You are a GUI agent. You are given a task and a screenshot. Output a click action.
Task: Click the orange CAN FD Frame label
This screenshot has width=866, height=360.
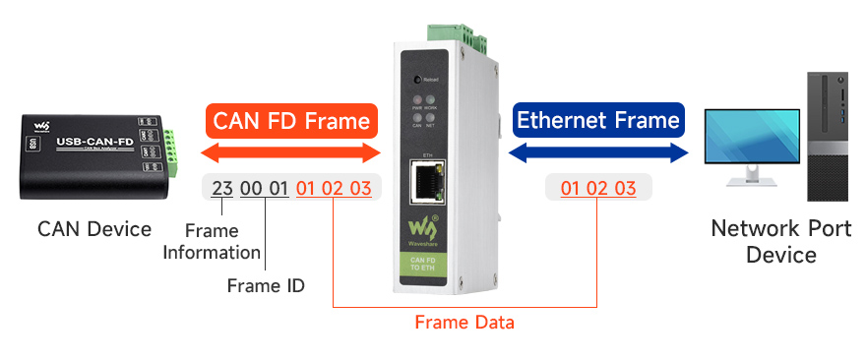pos(292,121)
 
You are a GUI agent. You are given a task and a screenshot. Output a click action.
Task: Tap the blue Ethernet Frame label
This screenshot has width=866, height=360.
pos(598,120)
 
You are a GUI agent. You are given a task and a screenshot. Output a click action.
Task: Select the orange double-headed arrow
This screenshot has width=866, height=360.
pos(291,152)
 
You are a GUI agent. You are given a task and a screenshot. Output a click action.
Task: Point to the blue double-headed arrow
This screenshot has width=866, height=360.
pos(598,152)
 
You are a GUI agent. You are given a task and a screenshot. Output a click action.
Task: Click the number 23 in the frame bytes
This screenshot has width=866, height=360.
pos(222,188)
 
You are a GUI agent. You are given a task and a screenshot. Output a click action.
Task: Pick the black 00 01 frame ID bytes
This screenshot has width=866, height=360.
pos(265,188)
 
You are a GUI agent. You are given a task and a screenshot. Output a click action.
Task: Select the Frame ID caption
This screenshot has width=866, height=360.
pos(266,286)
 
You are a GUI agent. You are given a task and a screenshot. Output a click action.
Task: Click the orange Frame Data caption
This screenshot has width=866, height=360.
pos(464,322)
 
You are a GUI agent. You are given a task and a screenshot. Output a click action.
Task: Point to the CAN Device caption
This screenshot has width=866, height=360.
pos(94,229)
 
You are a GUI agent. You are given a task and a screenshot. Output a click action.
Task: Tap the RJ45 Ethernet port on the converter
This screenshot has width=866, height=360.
pos(428,180)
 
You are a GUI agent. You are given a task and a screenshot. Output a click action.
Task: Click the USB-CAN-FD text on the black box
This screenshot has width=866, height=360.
pos(95,144)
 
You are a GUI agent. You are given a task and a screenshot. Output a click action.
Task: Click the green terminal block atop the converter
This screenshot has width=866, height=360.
pos(473,33)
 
